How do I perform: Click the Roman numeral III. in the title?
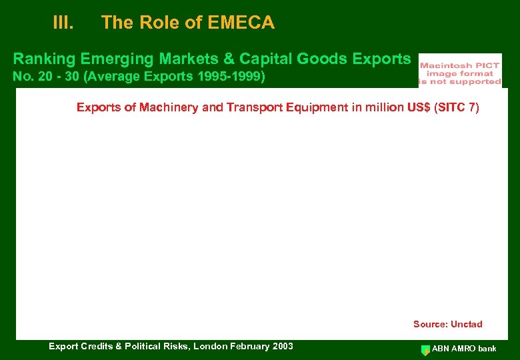(63, 23)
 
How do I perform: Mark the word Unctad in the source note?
(466, 325)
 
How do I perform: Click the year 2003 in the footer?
(282, 346)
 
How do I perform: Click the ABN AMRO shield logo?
(425, 349)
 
